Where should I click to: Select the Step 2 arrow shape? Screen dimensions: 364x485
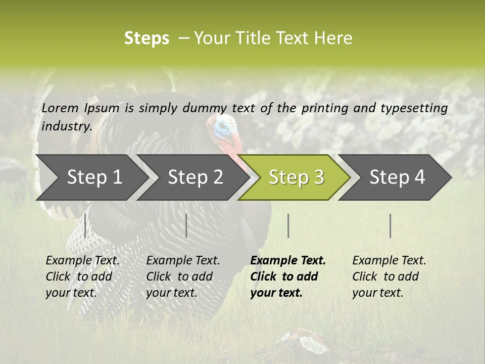[x=195, y=177]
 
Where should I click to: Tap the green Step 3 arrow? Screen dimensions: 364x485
[x=296, y=177]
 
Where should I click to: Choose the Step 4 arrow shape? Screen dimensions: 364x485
[x=397, y=177]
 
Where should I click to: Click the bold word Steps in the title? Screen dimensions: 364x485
[x=147, y=38]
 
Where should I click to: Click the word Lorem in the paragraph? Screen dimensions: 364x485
[x=60, y=108]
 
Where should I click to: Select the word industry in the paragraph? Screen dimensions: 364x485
[x=67, y=126]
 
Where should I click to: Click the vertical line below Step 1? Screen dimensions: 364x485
[x=85, y=225]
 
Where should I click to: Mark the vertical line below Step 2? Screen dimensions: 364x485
[x=186, y=225]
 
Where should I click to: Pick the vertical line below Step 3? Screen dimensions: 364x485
[x=288, y=225]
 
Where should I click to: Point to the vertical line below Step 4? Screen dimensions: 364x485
[x=390, y=225]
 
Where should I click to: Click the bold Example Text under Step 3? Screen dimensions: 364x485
[x=288, y=261]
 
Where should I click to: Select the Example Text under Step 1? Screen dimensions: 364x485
[x=82, y=261]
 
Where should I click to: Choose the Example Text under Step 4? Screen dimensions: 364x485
[x=389, y=261]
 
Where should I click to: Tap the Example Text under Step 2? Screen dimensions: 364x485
[x=183, y=261]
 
